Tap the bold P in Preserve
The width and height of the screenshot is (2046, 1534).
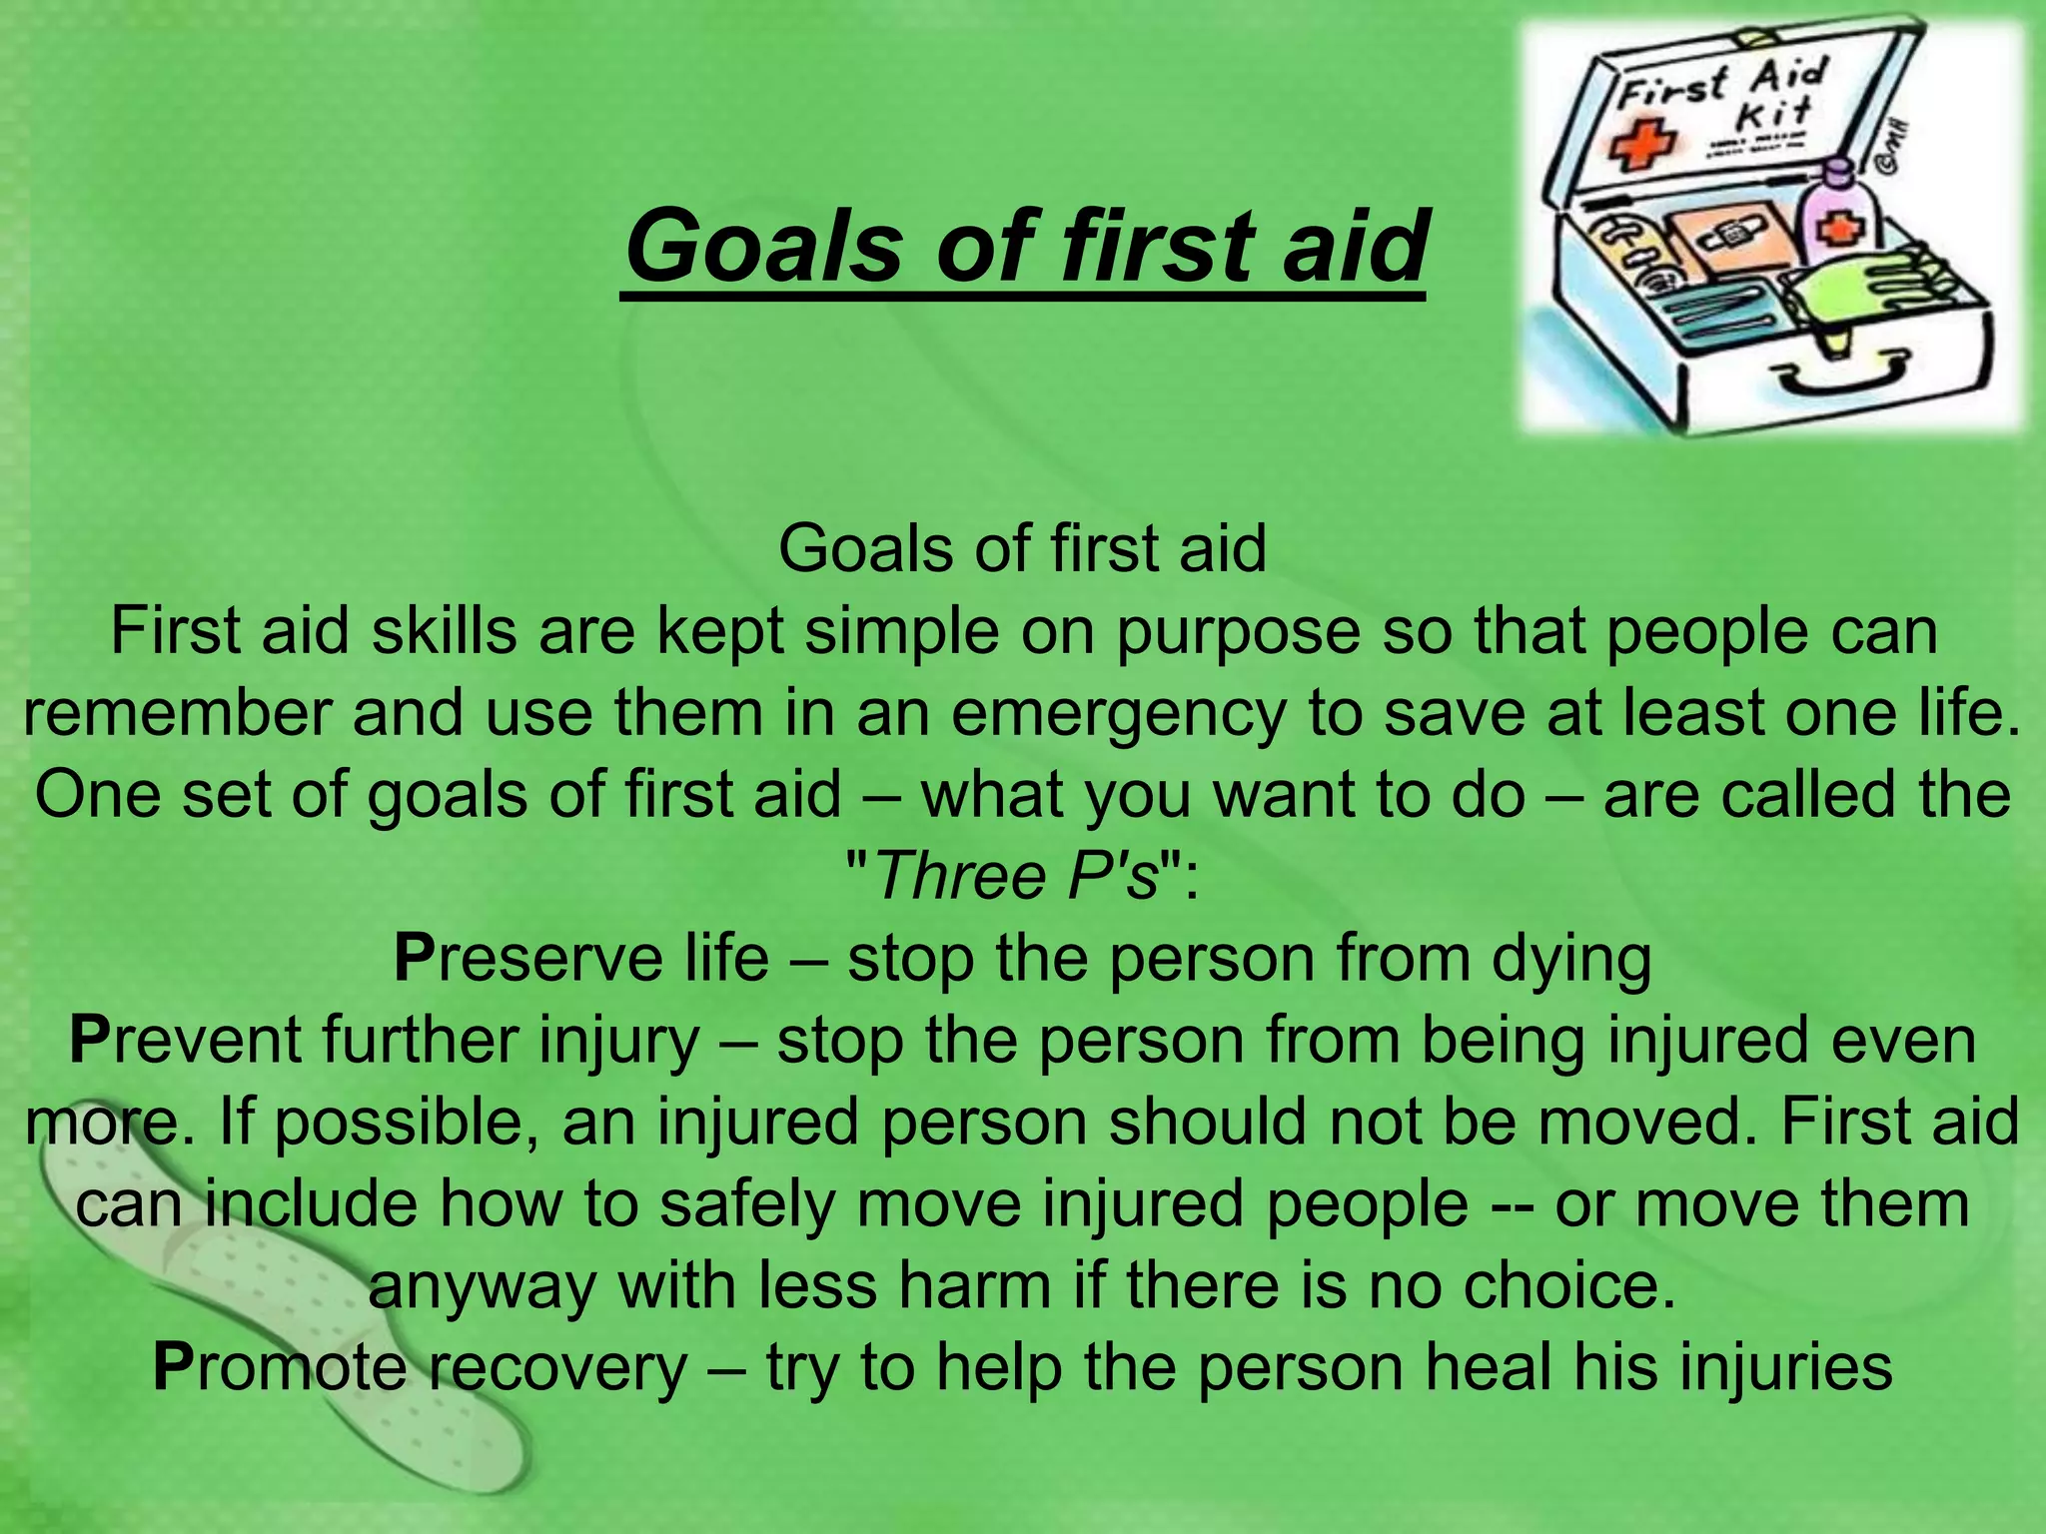[413, 958]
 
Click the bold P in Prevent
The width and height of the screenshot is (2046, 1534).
[88, 1040]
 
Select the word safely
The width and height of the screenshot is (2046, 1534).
[747, 1203]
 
